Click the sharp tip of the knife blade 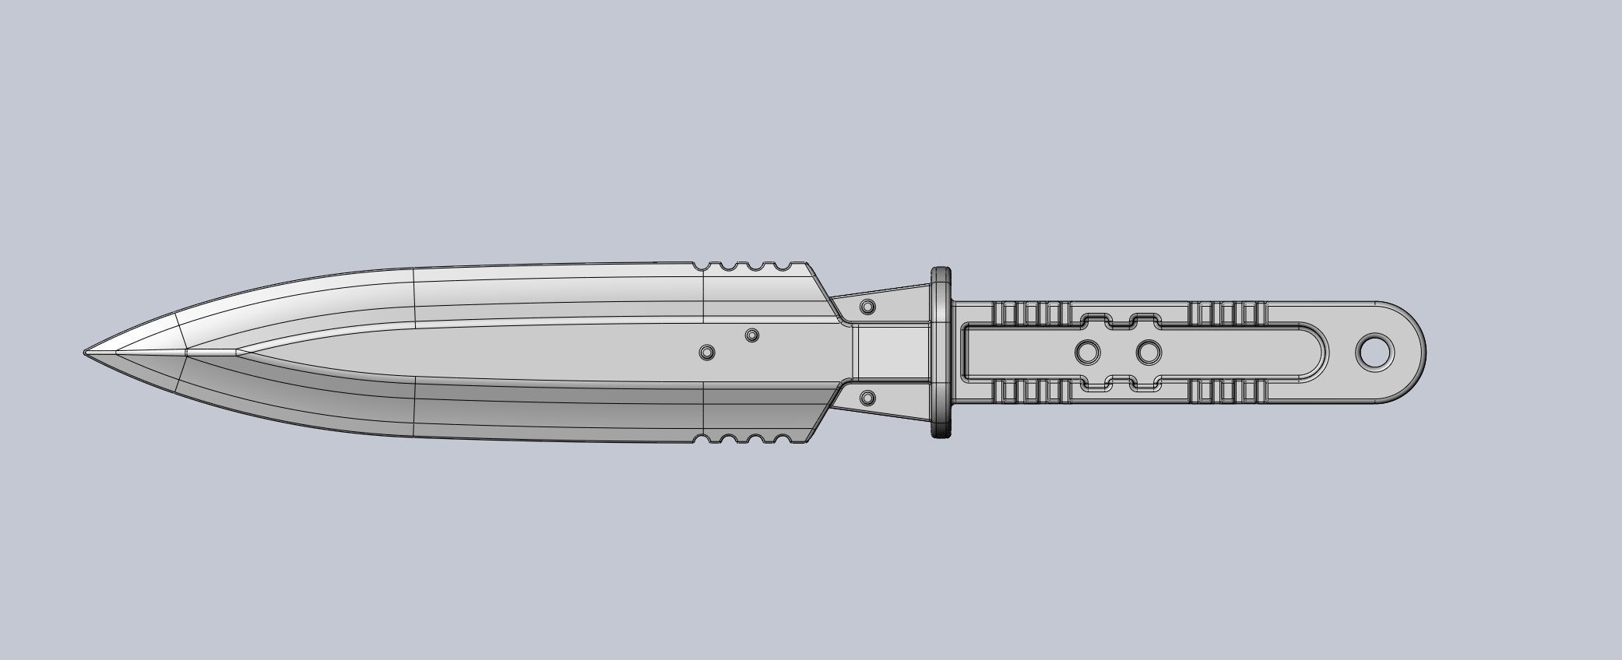(x=86, y=353)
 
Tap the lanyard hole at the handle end (x=1375, y=352)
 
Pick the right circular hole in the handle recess (x=1149, y=353)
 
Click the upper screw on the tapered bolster (x=867, y=307)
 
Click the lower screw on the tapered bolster (x=867, y=399)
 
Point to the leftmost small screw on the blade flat (x=707, y=353)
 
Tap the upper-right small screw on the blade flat (x=751, y=335)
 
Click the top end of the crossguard (x=941, y=275)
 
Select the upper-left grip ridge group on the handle (x=1028, y=313)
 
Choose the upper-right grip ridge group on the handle (x=1229, y=313)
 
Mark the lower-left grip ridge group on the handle (x=1028, y=393)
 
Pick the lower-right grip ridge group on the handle (x=1229, y=393)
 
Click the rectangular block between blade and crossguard (x=892, y=353)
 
